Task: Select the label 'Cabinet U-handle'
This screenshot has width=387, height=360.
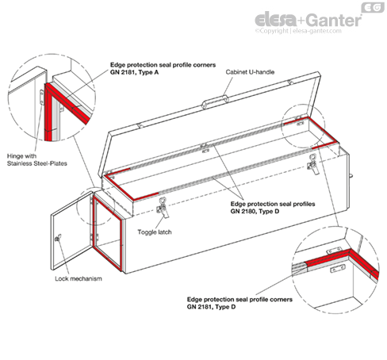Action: click(251, 71)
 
